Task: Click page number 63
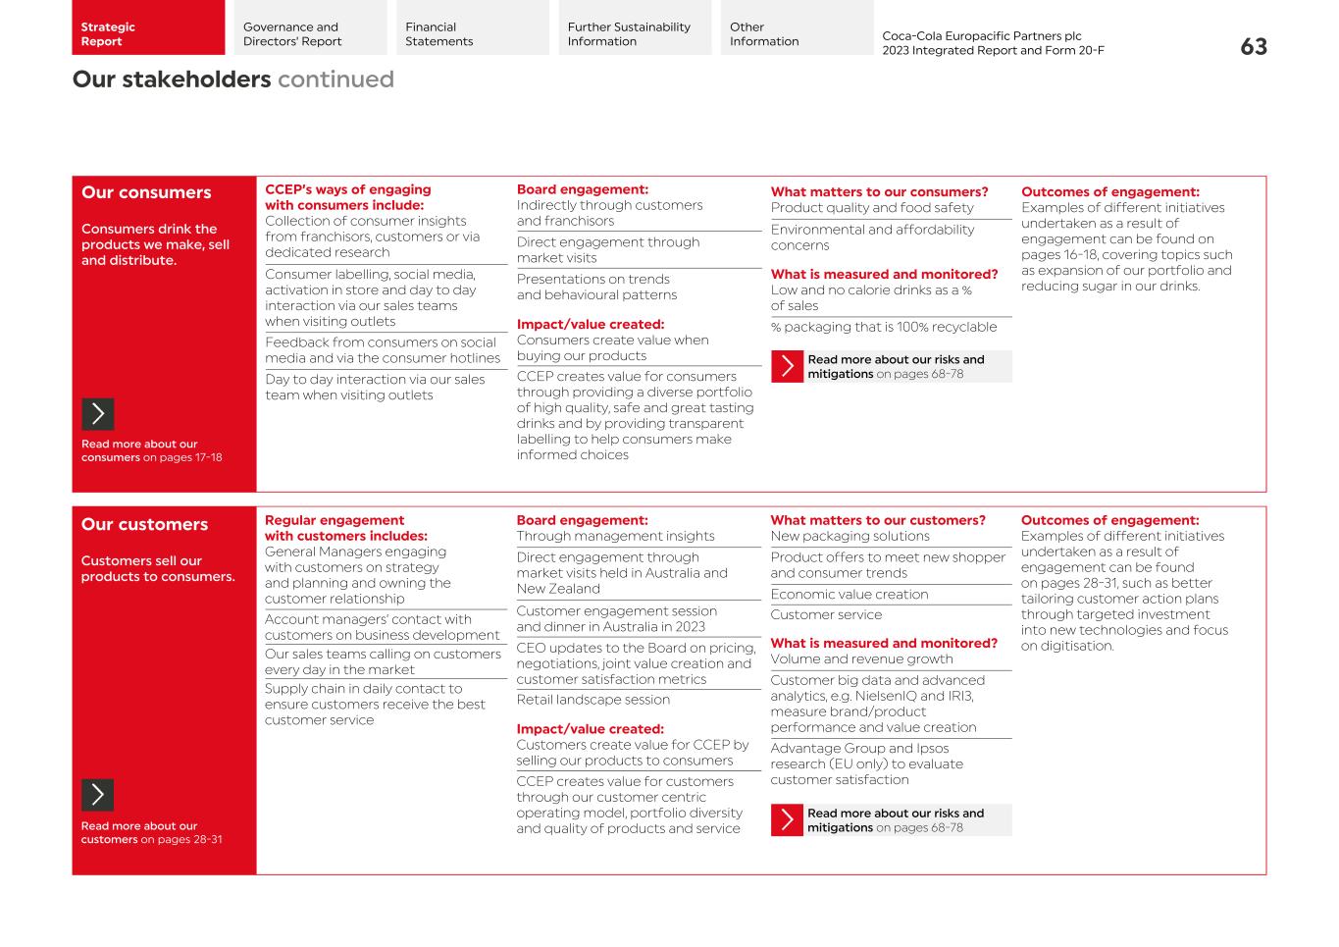pyautogui.click(x=1253, y=47)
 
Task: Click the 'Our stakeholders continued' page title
pyautogui.click(x=232, y=79)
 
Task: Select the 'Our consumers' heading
pyautogui.click(x=146, y=192)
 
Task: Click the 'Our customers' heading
pyautogui.click(x=144, y=524)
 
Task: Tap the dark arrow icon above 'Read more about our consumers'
pyautogui.click(x=97, y=414)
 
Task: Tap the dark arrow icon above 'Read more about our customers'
pyautogui.click(x=97, y=795)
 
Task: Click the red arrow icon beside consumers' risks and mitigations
pyautogui.click(x=787, y=366)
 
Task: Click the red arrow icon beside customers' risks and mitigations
pyautogui.click(x=787, y=820)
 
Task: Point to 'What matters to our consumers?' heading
pyautogui.click(x=879, y=192)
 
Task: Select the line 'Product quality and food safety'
pyautogui.click(x=871, y=208)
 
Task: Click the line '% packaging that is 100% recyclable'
pyautogui.click(x=883, y=327)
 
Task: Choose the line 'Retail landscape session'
pyautogui.click(x=592, y=700)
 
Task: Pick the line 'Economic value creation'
pyautogui.click(x=849, y=595)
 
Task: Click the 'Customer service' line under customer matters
pyautogui.click(x=826, y=615)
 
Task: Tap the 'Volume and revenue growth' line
pyautogui.click(x=861, y=659)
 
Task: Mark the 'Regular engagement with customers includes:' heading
pyautogui.click(x=345, y=528)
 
